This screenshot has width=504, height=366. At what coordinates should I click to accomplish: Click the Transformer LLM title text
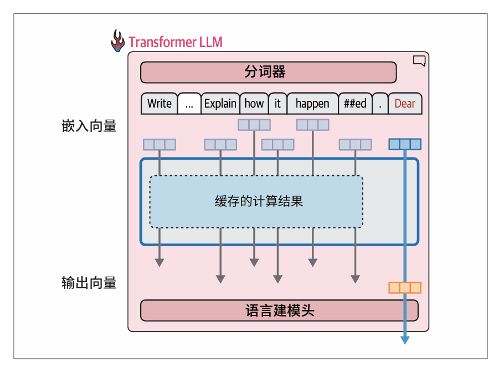[176, 42]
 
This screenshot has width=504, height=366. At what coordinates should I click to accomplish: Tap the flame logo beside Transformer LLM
[117, 41]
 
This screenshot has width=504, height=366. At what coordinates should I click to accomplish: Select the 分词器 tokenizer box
[268, 72]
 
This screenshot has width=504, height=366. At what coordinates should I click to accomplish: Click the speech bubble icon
[419, 61]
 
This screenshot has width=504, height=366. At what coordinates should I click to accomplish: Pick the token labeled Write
[160, 104]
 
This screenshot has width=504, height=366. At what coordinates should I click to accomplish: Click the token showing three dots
[189, 104]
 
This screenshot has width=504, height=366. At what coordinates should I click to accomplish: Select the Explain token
[220, 104]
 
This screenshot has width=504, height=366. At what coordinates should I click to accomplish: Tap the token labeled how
[254, 104]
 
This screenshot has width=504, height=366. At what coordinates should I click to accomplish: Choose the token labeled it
[277, 104]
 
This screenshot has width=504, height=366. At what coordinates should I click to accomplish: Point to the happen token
[312, 104]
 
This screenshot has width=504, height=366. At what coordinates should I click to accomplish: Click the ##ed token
[355, 104]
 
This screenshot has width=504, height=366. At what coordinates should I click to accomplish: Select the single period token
[380, 104]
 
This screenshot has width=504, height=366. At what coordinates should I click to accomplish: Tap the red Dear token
[405, 104]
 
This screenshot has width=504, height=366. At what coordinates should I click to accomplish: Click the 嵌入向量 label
[89, 126]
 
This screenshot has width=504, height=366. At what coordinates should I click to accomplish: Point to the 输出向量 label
[89, 283]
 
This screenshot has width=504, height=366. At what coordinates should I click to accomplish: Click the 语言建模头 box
[279, 311]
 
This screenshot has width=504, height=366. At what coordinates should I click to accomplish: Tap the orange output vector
[405, 287]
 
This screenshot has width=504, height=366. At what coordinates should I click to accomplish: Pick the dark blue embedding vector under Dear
[405, 144]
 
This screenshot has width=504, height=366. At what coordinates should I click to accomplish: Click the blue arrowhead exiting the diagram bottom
[405, 339]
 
